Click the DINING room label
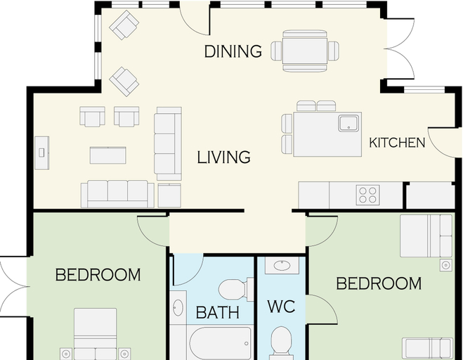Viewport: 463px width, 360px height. (x=233, y=51)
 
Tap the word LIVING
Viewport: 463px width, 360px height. (x=224, y=157)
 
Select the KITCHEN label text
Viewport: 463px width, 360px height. (x=397, y=143)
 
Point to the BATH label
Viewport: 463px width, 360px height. (x=218, y=312)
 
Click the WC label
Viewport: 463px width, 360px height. (x=282, y=307)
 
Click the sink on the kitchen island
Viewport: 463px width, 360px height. (x=348, y=123)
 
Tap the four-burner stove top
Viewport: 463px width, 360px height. (x=367, y=195)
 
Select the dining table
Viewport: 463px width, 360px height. (x=305, y=51)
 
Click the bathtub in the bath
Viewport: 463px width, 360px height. (x=221, y=343)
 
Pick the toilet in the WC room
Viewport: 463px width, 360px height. (x=282, y=343)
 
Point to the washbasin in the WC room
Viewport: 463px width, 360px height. (x=282, y=265)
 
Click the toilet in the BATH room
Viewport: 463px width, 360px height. (x=236, y=290)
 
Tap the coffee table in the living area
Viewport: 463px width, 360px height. (x=107, y=155)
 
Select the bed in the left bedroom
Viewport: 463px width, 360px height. (x=95, y=334)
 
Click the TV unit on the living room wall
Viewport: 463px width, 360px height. (x=42, y=153)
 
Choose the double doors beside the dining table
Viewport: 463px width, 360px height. (x=400, y=49)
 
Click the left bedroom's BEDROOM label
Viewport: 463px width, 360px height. (x=98, y=275)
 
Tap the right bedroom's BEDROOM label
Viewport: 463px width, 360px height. (x=379, y=284)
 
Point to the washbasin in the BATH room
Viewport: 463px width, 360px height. (x=178, y=307)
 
